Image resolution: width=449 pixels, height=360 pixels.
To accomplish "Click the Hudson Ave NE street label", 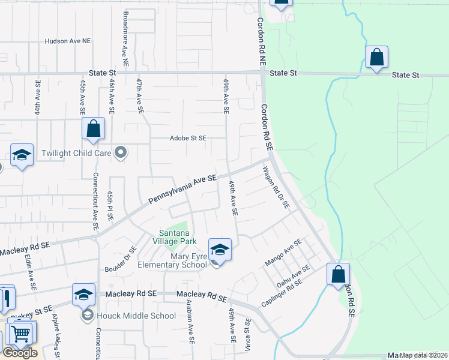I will (68, 41).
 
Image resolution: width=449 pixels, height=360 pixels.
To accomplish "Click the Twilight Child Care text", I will (76, 153).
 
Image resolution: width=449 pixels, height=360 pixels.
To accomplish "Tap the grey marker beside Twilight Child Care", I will (121, 152).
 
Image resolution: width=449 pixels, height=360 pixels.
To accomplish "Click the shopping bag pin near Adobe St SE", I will (94, 128).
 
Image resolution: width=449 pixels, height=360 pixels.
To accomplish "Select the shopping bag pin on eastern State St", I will (376, 58).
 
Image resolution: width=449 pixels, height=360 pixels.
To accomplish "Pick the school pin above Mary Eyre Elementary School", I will (220, 250).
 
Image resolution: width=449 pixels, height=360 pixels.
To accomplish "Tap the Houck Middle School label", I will (138, 316).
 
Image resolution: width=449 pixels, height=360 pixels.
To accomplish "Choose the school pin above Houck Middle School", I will (83, 294).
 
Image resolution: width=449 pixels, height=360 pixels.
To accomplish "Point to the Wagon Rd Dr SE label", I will (276, 188).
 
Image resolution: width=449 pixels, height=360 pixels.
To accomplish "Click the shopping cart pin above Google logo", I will (22, 332).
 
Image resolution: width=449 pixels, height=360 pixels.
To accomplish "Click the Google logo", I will (20, 353).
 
